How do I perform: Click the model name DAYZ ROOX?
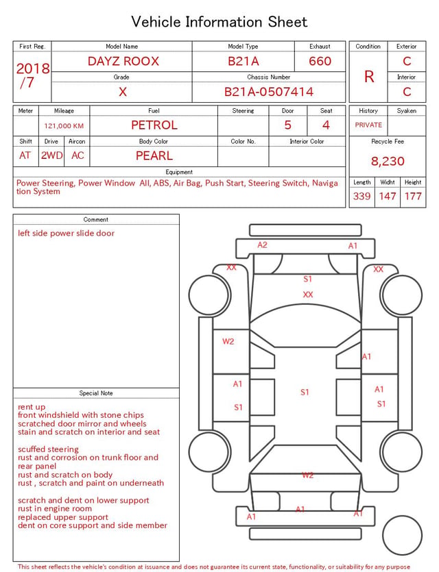[x=123, y=61]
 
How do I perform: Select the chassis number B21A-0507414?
[x=268, y=92]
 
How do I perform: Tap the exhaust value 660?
[x=320, y=61]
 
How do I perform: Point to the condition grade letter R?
[x=369, y=77]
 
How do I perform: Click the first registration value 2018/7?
[x=32, y=75]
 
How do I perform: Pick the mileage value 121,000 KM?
[x=64, y=126]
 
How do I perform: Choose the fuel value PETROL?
[x=154, y=125]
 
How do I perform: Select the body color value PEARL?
[x=154, y=156]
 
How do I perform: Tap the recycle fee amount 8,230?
[x=388, y=161]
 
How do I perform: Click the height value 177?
[x=413, y=196]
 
